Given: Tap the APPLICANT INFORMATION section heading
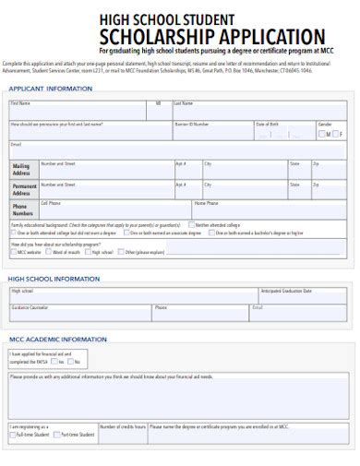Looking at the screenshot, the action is click(51, 89).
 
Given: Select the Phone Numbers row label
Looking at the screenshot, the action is click(22, 209).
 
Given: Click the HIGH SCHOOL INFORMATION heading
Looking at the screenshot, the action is click(54, 278).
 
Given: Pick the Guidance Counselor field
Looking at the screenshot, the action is click(79, 313).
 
